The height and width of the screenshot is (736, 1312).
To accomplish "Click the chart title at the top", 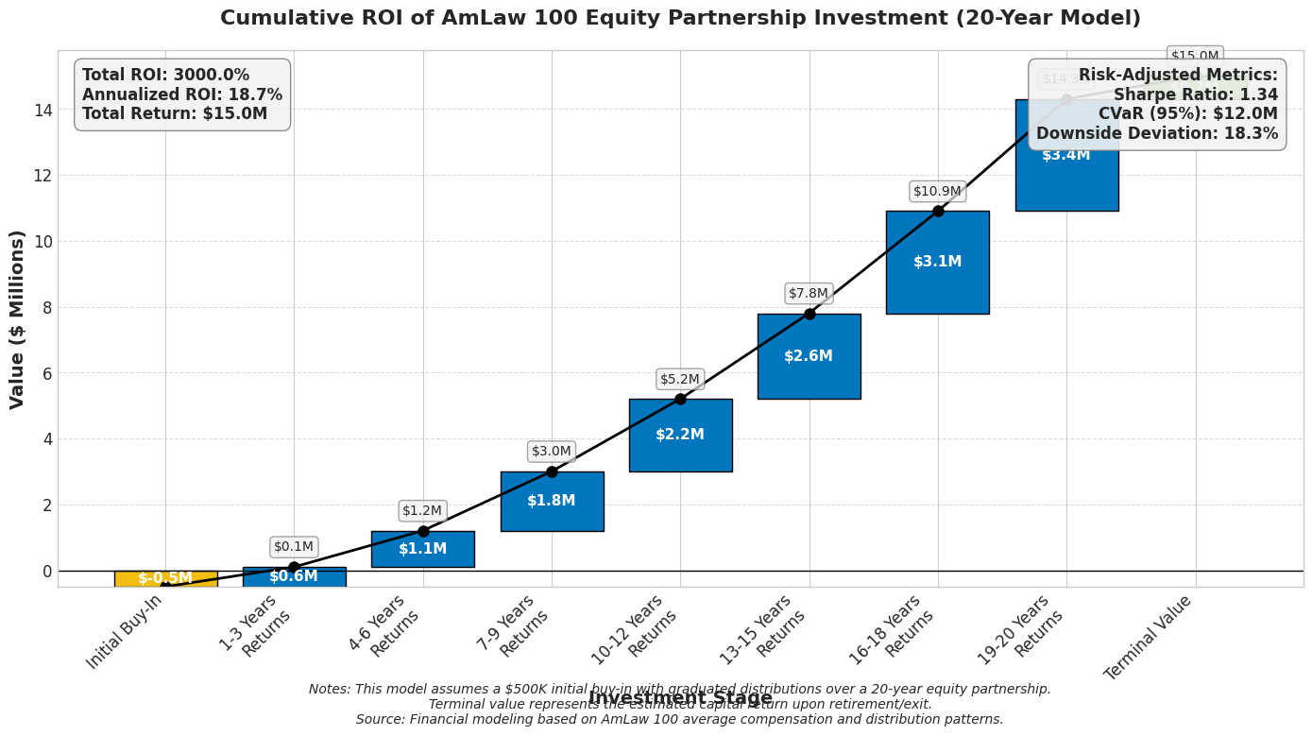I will pos(680,19).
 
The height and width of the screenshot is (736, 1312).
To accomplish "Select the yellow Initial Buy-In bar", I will pos(165,578).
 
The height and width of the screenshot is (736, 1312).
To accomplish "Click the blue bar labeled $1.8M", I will pos(552,501).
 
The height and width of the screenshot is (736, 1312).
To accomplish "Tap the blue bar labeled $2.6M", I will pos(809,356).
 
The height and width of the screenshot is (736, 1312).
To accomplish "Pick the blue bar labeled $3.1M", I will pos(937,262).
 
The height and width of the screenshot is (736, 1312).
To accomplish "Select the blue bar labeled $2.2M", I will pos(680,435).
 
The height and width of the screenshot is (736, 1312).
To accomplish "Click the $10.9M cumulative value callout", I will pos(937,191).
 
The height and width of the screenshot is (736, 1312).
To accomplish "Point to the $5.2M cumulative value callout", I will pos(680,379).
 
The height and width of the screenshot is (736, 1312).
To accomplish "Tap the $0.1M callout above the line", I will pos(294,546).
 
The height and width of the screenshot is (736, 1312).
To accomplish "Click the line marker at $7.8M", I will pos(809,314).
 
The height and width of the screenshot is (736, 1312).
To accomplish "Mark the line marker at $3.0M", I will pos(552,471).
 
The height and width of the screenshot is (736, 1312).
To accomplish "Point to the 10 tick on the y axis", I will pos(42,242).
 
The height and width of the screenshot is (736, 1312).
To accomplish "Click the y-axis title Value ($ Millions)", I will pos(18,318).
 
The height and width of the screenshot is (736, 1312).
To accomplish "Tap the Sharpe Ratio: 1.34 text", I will pos(1195,94).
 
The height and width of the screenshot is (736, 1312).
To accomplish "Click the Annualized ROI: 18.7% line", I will pos(182,94).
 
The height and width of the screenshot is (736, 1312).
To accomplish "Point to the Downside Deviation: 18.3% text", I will pos(1157,133).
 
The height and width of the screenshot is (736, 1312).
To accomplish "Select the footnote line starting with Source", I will pos(679,719).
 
